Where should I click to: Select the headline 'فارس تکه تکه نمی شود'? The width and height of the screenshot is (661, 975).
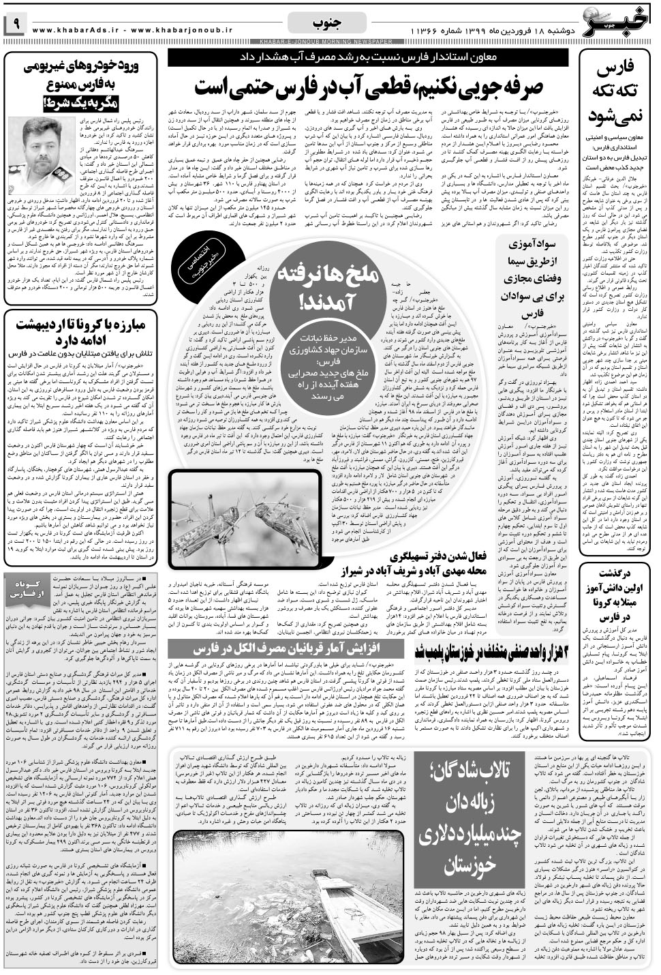tap(615, 92)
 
